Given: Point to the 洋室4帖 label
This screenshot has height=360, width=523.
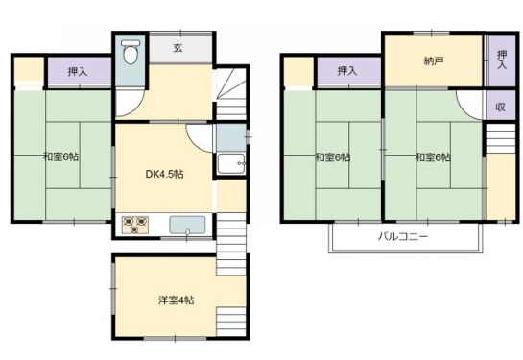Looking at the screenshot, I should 176,300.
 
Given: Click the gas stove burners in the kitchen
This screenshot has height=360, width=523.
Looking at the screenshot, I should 135,226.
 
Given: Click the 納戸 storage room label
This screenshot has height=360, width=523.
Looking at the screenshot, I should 434,60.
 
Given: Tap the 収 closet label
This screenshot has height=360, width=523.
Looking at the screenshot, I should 500,108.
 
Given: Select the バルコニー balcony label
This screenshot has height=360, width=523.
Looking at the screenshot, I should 402,236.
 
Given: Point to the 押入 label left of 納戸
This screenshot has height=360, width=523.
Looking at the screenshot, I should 346,70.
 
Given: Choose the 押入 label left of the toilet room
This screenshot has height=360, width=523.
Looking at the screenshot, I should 78,70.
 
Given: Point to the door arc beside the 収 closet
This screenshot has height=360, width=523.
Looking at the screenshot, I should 469,103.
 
